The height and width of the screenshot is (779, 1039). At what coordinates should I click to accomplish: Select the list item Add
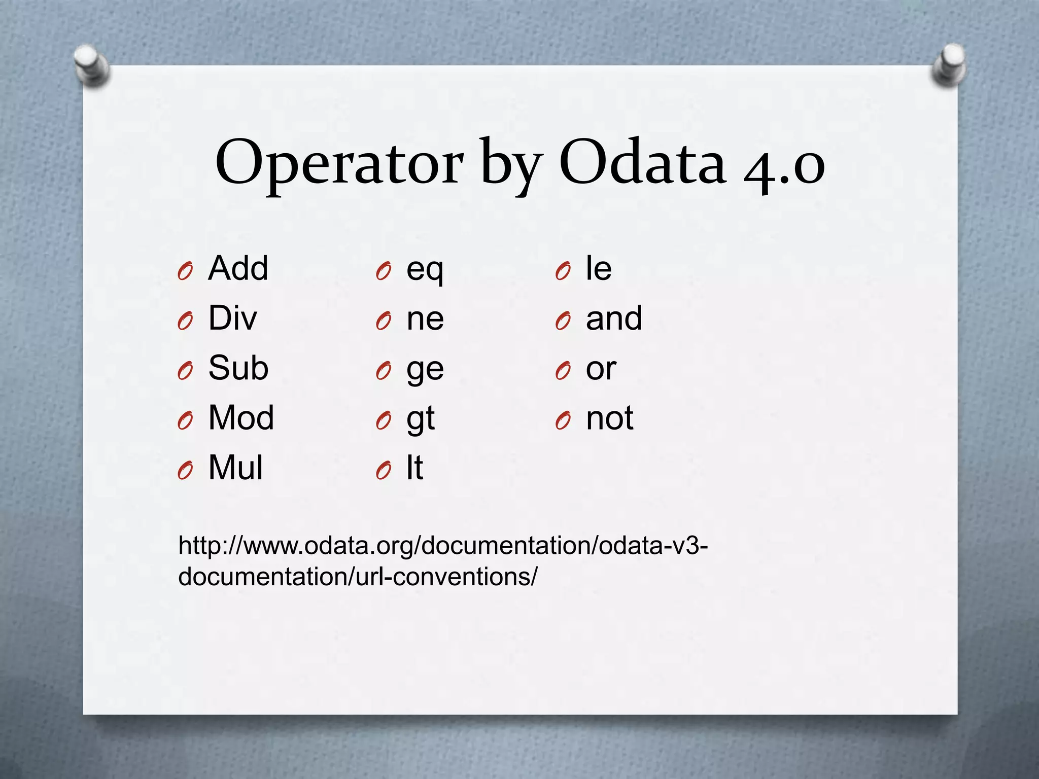tap(238, 268)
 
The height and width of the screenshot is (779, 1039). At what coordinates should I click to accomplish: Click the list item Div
tap(232, 318)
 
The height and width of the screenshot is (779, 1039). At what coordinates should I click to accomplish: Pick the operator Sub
tap(238, 368)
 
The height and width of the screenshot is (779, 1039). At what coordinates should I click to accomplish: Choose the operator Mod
tap(241, 418)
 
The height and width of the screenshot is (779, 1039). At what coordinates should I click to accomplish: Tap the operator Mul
tap(235, 468)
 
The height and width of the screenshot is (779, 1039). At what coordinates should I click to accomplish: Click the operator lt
tap(414, 468)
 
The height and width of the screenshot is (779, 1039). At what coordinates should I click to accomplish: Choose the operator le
tap(599, 268)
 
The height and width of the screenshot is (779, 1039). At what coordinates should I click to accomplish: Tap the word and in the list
tap(614, 318)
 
